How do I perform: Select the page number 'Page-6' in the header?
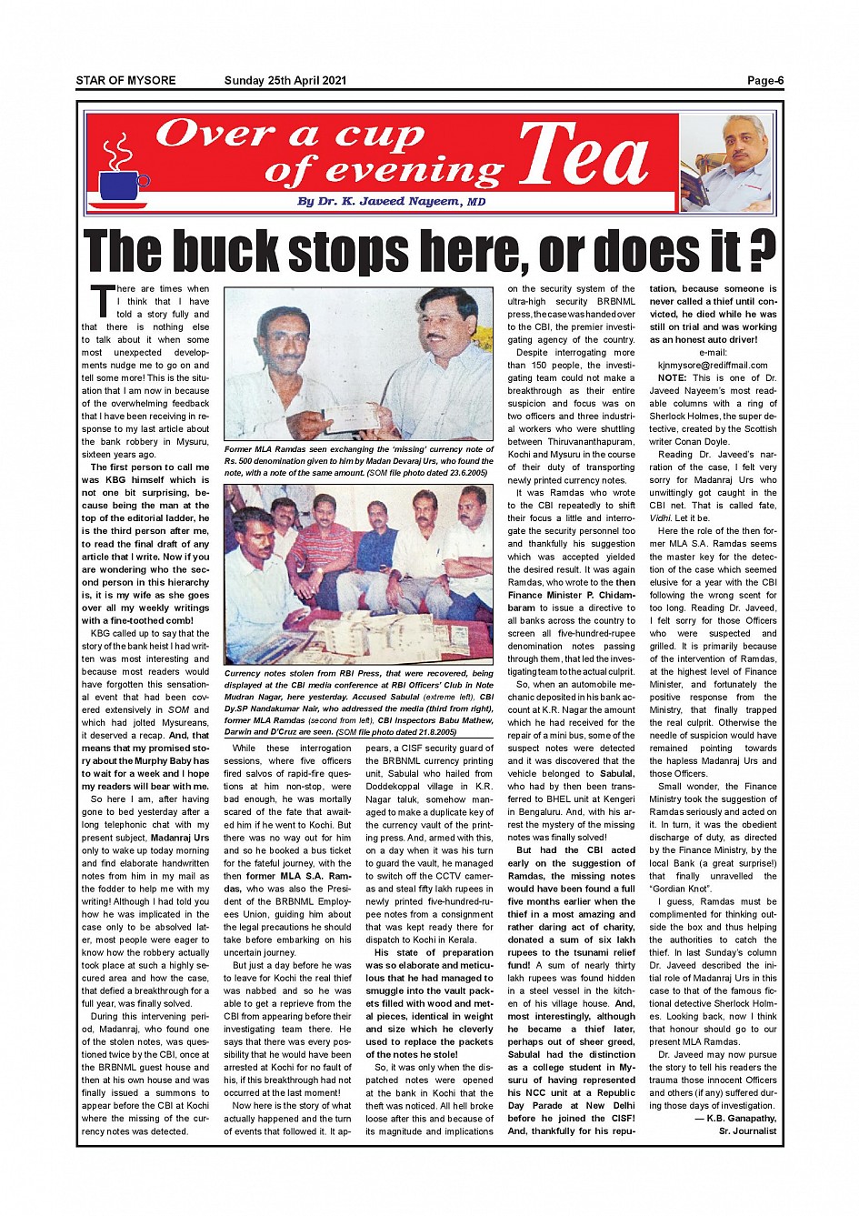tap(764, 81)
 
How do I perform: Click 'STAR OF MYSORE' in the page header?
tap(125, 81)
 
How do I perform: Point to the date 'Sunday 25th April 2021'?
tap(285, 81)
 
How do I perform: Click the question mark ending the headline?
tap(764, 251)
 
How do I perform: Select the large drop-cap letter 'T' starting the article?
tap(102, 301)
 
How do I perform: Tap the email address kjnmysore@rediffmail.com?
tap(713, 365)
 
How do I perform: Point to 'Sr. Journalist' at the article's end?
tap(747, 1131)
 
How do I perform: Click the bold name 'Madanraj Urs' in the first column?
tap(180, 838)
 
